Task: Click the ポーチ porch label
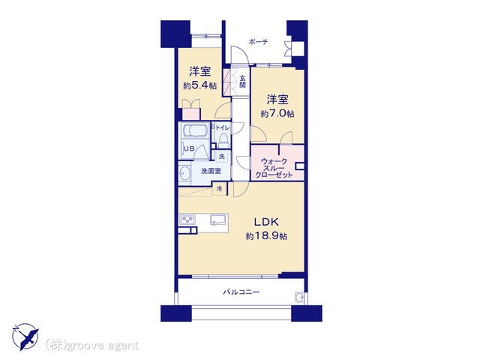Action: pos(258,42)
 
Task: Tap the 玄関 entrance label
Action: pos(242,82)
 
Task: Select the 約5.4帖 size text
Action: pos(200,85)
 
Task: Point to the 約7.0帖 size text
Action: pos(277,114)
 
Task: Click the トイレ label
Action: pos(223,127)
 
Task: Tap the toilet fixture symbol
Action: pos(223,140)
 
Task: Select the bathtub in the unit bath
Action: pos(195,130)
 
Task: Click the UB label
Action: pos(189,148)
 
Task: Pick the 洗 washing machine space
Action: pos(222,157)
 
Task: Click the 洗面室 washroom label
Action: pos(211,171)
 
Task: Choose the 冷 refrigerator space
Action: pos(220,189)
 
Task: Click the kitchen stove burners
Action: pos(187,220)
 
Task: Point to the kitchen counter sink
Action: pos(218,220)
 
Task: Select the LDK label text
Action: pos(267,222)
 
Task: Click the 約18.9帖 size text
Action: pos(266,236)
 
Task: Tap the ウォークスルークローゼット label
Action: pos(274,168)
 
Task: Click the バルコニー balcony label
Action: pos(241,292)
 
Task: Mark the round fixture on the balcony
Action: pos(299,297)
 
